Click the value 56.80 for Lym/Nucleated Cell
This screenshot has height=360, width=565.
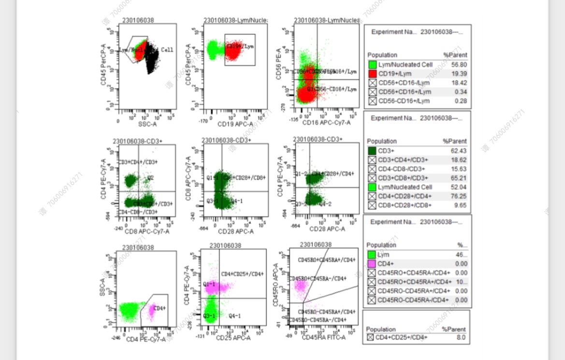coord(460,65)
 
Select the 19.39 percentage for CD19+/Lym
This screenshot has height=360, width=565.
coord(460,74)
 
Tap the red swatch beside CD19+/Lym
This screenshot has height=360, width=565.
coord(372,74)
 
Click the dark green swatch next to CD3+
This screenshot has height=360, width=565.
coord(372,151)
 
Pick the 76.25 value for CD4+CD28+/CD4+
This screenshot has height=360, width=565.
coord(459,196)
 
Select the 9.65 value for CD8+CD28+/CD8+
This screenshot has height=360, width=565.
coord(461,205)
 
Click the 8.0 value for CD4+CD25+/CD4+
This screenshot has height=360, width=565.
coord(461,338)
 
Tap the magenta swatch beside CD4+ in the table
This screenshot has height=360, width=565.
coord(372,263)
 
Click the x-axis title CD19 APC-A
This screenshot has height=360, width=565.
coord(234,124)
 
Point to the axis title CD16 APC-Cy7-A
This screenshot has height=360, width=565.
coord(327,123)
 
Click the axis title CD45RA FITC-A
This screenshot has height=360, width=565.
coord(323,337)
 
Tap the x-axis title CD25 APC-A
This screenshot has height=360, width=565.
coord(234,338)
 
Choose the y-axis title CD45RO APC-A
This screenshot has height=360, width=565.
coord(276,285)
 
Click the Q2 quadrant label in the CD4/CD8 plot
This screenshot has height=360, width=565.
coord(150,178)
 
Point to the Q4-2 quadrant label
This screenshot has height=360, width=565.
coord(325,204)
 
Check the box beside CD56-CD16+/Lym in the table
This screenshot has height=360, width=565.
coord(372,101)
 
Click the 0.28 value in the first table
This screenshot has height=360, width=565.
coord(461,101)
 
